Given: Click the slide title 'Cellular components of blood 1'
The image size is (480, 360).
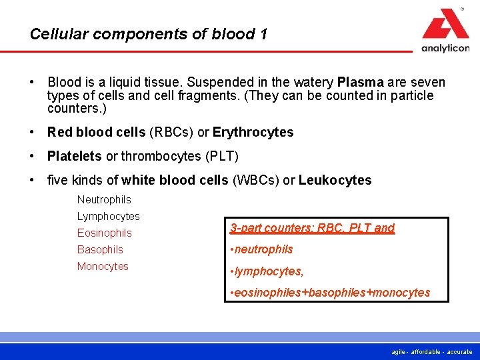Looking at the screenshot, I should [149, 34].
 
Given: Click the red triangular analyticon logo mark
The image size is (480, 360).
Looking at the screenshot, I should [445, 25].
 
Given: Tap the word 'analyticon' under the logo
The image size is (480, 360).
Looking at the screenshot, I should [445, 48].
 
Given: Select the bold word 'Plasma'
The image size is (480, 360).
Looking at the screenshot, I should [361, 83].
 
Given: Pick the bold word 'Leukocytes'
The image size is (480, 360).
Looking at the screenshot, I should [335, 180].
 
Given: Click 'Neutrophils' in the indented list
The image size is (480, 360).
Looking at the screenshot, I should [104, 199].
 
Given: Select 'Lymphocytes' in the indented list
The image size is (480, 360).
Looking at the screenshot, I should [108, 216].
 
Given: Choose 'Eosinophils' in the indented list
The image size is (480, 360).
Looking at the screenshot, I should [104, 233].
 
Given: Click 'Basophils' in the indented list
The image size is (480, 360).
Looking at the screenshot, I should [100, 249].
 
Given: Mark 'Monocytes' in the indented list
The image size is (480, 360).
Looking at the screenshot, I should [103, 266].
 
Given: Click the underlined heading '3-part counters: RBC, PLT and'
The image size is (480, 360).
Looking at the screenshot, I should [312, 228].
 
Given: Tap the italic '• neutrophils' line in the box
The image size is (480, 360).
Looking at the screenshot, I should [261, 249].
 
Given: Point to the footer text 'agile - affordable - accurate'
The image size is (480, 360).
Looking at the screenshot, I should [431, 351].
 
